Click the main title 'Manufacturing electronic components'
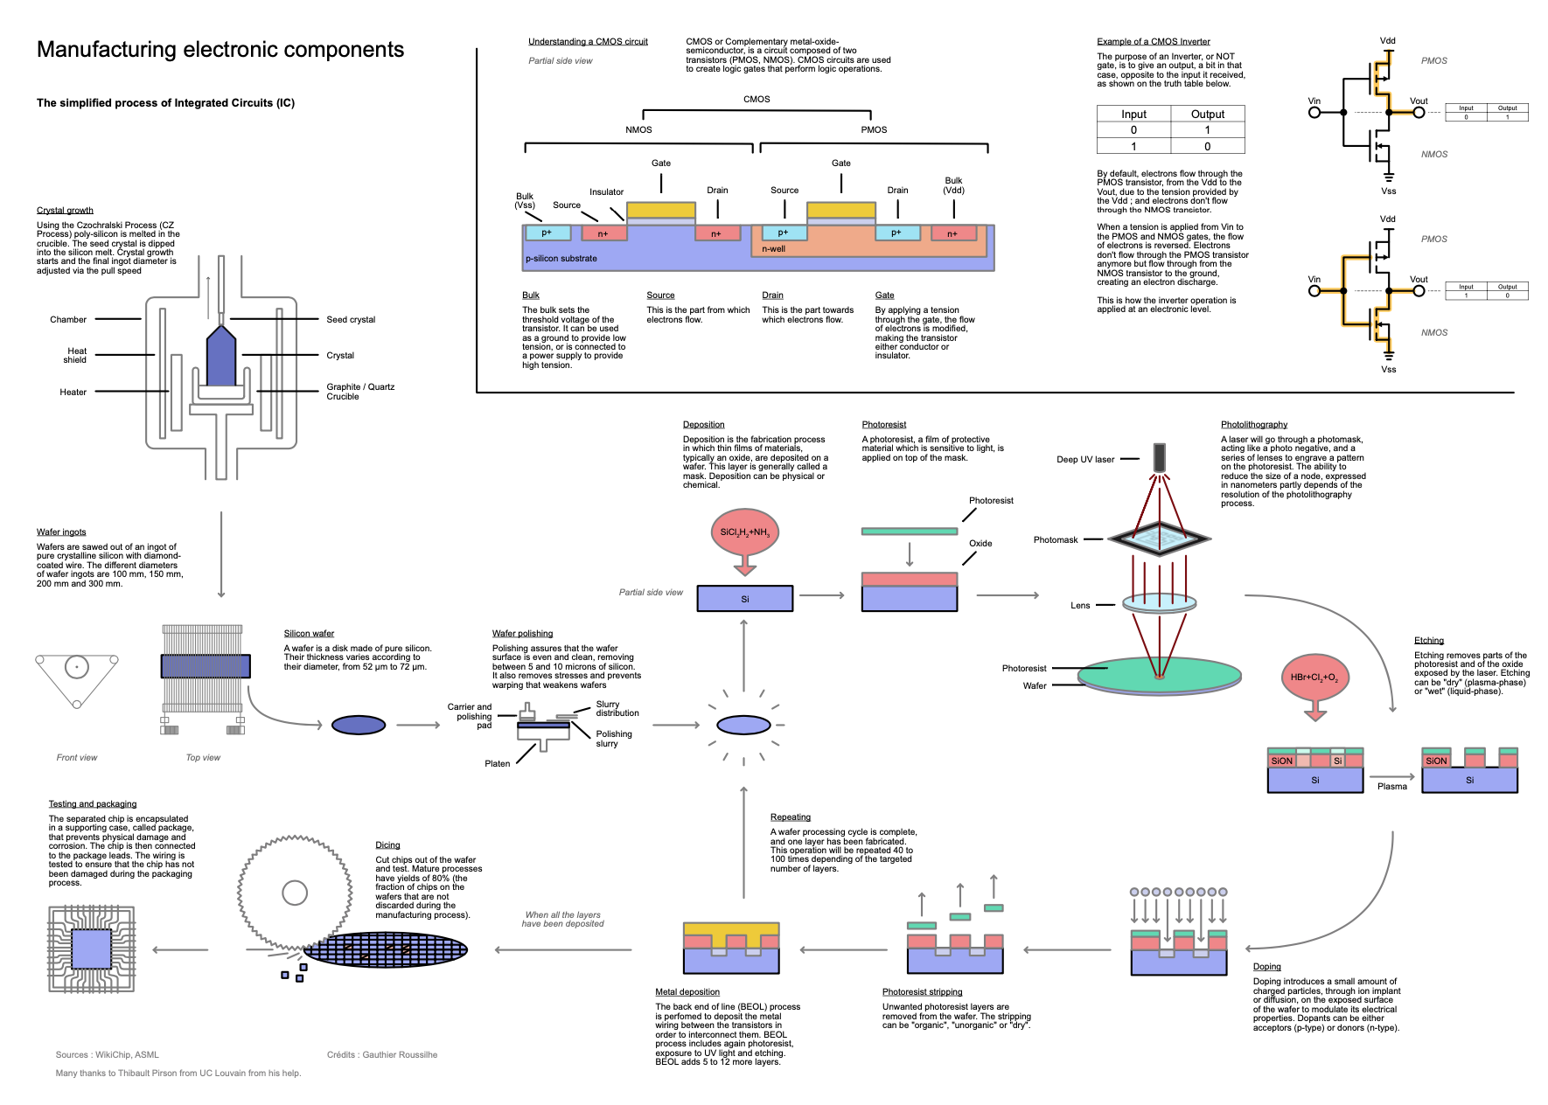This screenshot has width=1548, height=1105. pos(220,50)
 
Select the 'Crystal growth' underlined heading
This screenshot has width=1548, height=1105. pos(65,211)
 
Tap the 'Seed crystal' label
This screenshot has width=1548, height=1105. pos(351,320)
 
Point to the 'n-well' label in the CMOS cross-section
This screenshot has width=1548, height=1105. pos(773,249)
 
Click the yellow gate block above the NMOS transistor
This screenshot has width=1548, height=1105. pos(661,210)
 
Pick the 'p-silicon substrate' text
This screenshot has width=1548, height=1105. pos(561,259)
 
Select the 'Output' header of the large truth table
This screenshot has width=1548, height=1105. pos(1207,115)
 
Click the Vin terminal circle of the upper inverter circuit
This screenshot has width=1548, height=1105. pos(1314,112)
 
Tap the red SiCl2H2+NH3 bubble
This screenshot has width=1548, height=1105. pos(744,532)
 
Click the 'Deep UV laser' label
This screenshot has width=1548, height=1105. pos(1084,460)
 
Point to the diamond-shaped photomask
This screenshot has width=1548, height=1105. pos(1160,539)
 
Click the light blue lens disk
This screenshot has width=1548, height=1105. pos(1160,602)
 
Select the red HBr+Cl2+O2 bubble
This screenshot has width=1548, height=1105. pos(1314,678)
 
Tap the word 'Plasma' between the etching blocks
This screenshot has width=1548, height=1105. pos(1392,787)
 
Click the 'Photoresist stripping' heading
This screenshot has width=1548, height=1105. pos(922,992)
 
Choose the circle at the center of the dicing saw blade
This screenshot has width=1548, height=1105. pos(295,893)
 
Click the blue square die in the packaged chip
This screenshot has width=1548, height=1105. pos(91,949)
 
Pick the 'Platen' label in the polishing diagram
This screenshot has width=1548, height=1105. pos(498,764)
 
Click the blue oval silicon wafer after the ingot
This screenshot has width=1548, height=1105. pos(359,725)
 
